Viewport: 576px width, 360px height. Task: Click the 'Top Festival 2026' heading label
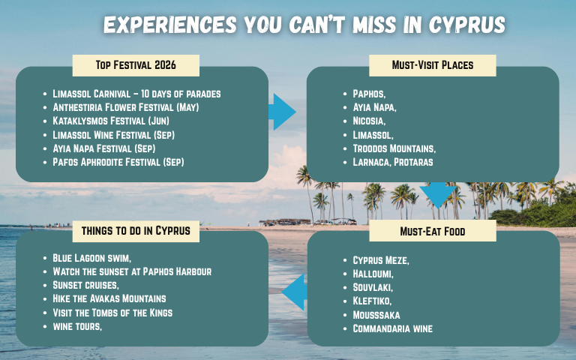(136, 65)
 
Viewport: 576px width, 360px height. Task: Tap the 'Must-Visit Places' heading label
(432, 65)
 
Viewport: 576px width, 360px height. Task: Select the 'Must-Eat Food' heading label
(432, 231)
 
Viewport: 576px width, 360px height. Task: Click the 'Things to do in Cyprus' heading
(136, 231)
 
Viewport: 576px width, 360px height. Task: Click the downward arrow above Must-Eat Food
(437, 196)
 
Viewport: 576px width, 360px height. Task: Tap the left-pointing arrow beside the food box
(293, 292)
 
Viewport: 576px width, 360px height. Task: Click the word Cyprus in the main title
(467, 25)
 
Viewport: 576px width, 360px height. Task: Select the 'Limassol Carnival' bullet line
(136, 94)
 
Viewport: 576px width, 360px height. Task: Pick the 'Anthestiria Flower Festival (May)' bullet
(125, 107)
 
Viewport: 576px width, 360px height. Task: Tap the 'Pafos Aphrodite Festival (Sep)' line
(118, 161)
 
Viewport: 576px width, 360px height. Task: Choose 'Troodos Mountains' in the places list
(394, 148)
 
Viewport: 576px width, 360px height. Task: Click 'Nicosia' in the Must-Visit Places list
(369, 121)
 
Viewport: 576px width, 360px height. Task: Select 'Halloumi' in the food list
(373, 274)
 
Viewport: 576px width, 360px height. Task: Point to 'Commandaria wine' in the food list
(392, 328)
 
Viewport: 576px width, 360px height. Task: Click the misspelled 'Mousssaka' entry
(376, 314)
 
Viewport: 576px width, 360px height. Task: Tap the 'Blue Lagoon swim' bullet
(92, 258)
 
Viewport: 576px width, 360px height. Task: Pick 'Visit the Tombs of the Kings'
(112, 312)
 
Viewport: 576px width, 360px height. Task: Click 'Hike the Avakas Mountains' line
(109, 298)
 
